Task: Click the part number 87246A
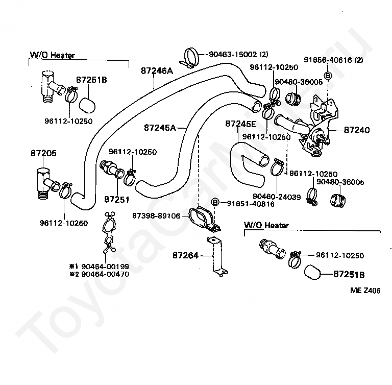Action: click(x=157, y=71)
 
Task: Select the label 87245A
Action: click(x=160, y=128)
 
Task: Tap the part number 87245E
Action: click(x=241, y=124)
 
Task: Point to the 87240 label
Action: click(x=357, y=130)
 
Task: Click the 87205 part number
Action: click(x=43, y=153)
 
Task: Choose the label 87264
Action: click(x=185, y=255)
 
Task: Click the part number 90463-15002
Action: click(x=233, y=54)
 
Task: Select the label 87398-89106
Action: click(x=156, y=215)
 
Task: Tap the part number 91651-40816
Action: click(x=251, y=204)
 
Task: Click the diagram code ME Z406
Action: click(x=365, y=291)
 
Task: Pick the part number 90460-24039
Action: click(x=277, y=197)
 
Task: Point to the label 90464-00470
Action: click(x=105, y=274)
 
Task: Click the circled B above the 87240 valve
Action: click(x=328, y=76)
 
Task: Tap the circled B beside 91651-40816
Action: click(x=215, y=202)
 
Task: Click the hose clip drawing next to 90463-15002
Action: click(x=189, y=58)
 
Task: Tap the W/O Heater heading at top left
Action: click(x=52, y=55)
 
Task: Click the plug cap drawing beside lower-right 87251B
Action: click(x=312, y=272)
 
